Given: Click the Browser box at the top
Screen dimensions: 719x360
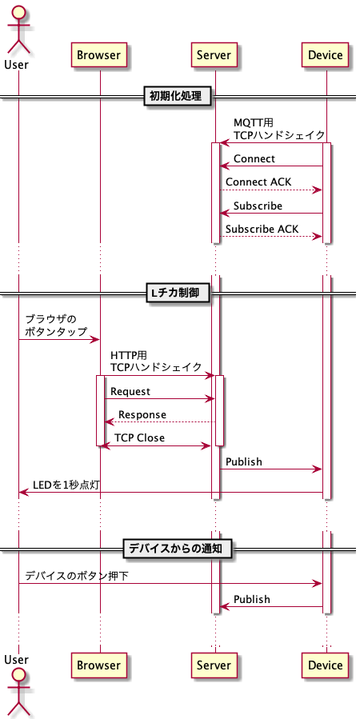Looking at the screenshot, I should click(x=99, y=55).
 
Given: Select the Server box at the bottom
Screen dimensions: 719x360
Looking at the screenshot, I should click(x=214, y=665).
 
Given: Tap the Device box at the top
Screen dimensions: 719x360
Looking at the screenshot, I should click(x=326, y=55).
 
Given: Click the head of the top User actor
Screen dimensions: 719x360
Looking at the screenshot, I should click(x=18, y=12).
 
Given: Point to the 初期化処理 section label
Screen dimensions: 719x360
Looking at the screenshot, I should click(x=180, y=97).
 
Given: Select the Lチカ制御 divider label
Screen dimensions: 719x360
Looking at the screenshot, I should click(x=180, y=294).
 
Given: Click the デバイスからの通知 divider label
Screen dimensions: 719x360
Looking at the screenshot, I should click(x=180, y=549).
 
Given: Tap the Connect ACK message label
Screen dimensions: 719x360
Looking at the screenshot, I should click(x=258, y=182).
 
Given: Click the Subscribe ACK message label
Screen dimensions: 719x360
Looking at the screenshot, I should click(x=262, y=230).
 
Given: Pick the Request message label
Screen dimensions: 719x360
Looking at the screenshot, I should click(x=130, y=391).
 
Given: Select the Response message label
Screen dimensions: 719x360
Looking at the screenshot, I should click(x=142, y=414).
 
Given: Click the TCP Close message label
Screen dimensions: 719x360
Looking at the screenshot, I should click(x=140, y=438).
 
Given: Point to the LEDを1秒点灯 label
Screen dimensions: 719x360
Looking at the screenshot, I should click(x=66, y=485).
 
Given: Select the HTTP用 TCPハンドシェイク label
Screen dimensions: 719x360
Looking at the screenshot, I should click(x=156, y=361).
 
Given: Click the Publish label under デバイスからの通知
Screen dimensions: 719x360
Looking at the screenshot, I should click(x=251, y=599).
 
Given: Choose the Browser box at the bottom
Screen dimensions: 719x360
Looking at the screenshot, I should click(x=99, y=665).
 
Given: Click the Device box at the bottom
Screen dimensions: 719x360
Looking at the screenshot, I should click(x=326, y=665).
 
